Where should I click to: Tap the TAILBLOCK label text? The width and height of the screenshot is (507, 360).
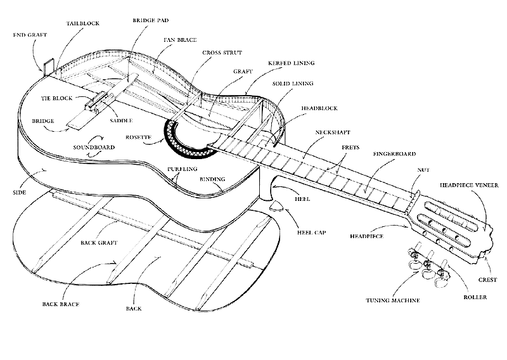pyautogui.click(x=83, y=23)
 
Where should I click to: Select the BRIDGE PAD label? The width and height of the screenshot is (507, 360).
pyautogui.click(x=150, y=20)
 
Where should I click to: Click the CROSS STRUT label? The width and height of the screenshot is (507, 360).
pyautogui.click(x=217, y=53)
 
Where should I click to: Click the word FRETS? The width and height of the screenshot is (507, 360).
pyautogui.click(x=350, y=147)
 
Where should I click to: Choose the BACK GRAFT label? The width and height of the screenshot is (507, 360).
pyautogui.click(x=100, y=243)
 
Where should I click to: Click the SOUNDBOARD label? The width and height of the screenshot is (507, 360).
pyautogui.click(x=93, y=148)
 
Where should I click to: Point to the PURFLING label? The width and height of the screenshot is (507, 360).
pyautogui.click(x=182, y=169)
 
